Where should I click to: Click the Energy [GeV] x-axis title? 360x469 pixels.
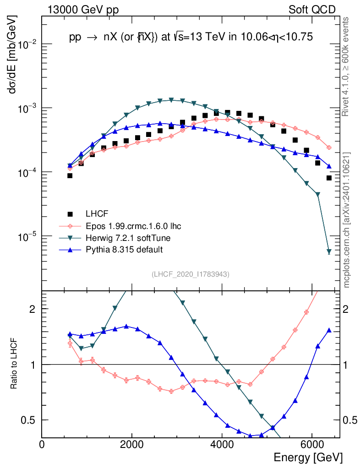pos(308,457)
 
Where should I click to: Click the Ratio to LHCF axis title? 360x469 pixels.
pos(15,364)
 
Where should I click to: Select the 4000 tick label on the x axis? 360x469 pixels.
pos(222,445)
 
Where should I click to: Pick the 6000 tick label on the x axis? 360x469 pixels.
pos(311,445)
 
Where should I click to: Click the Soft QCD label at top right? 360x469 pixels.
pos(312,10)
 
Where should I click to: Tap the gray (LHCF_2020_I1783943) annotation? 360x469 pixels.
pos(191,274)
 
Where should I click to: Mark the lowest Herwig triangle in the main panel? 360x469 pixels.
pos(329,251)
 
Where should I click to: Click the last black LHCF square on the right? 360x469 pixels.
pos(329,178)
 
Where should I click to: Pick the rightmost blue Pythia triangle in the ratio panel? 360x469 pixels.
pos(329,330)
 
